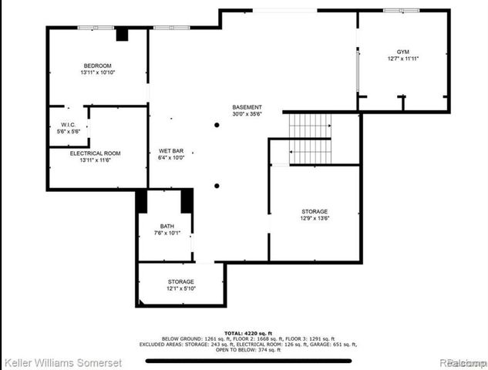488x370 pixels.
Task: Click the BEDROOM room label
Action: coord(97,66)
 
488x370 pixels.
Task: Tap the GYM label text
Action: coord(403,51)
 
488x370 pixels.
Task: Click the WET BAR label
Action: coord(170,150)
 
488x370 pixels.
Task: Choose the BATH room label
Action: coord(167,226)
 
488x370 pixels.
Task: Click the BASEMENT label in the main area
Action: coord(247,107)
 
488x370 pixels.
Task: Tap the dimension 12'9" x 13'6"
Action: coord(314,218)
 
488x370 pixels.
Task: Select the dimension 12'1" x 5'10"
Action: coord(181,289)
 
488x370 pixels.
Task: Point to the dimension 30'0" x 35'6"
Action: coord(247,114)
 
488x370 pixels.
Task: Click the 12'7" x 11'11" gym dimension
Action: coord(403,59)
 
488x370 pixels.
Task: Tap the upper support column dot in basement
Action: coord(217,125)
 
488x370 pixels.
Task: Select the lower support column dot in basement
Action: coord(217,185)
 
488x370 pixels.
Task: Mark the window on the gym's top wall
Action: coord(401,10)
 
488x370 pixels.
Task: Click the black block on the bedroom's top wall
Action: coord(122,34)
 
